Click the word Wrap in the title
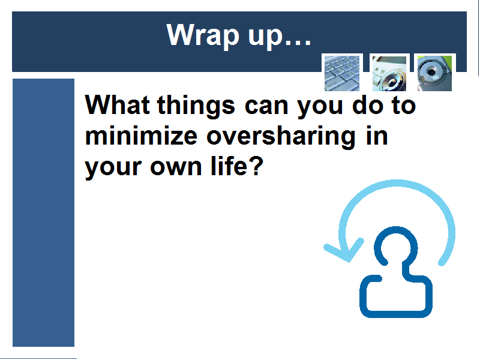[x=203, y=35]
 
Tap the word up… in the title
[x=279, y=37]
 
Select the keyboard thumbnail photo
[x=342, y=73]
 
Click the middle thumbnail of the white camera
[x=389, y=73]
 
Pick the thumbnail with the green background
[x=434, y=73]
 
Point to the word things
[x=196, y=106]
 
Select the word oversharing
[x=281, y=137]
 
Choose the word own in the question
[x=176, y=168]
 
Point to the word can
[x=266, y=107]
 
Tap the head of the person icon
[x=396, y=246]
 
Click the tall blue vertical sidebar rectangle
[x=43, y=212]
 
